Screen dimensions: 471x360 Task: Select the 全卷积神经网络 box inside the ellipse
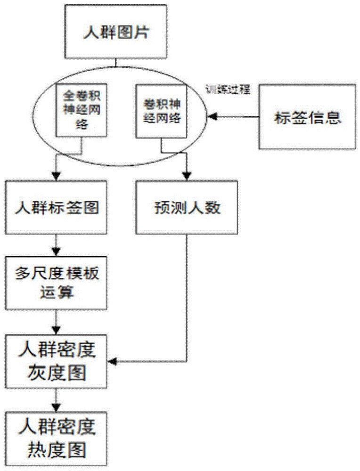[82, 108]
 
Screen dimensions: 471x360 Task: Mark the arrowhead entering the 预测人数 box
[187, 176]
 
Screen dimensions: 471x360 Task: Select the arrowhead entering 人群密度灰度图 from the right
[113, 362]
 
